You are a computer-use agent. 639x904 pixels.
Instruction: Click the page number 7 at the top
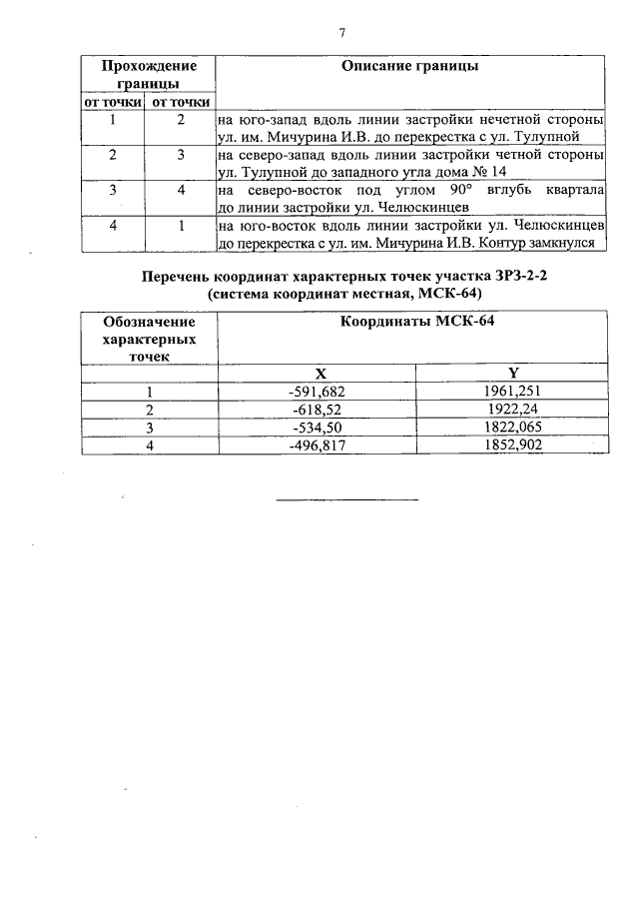tap(342, 33)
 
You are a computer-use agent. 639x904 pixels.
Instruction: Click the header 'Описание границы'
tap(409, 66)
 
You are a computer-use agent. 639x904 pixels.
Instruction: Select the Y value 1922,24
tap(511, 410)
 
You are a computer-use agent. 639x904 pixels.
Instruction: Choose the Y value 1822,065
tap(511, 428)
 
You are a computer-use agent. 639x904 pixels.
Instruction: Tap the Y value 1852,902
tap(511, 446)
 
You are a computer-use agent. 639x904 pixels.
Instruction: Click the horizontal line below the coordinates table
tap(345, 498)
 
